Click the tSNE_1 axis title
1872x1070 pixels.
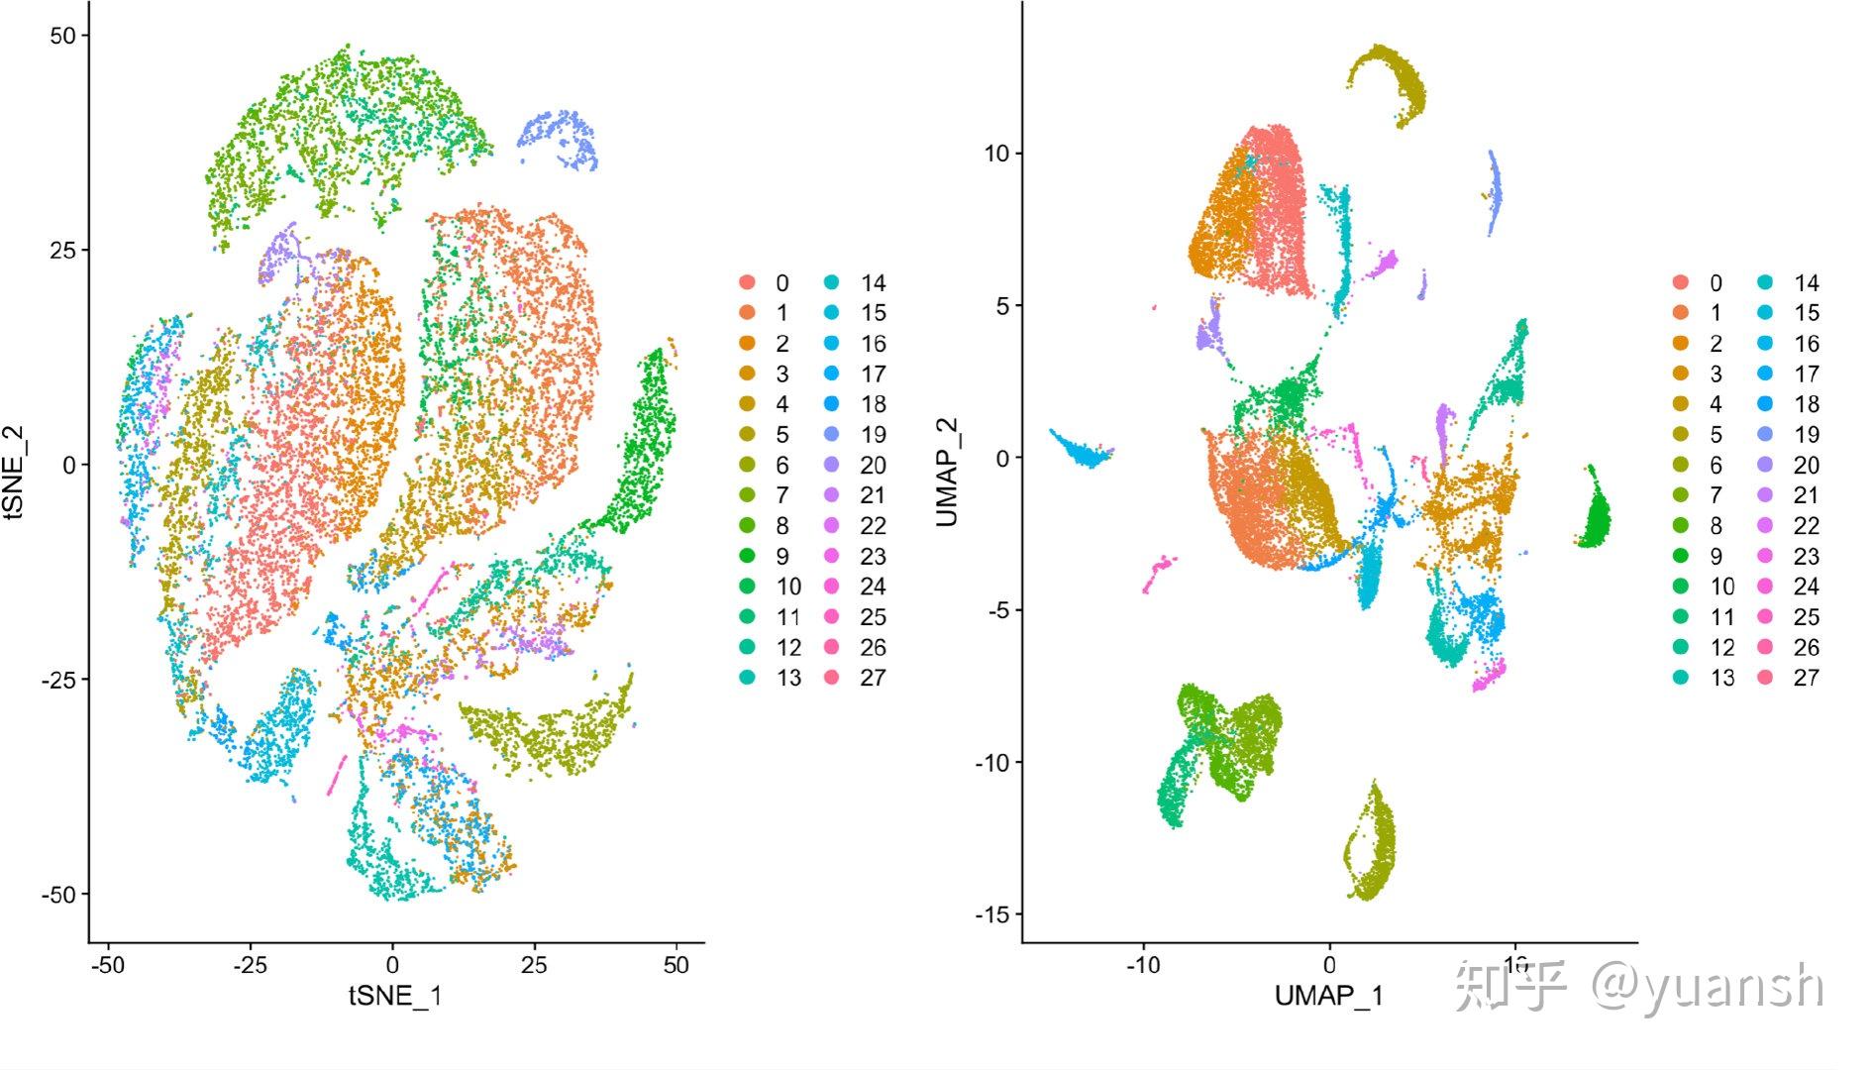(395, 995)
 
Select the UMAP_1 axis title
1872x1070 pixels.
(1328, 995)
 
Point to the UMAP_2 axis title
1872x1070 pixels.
(948, 473)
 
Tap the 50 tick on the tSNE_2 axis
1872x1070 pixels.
(61, 36)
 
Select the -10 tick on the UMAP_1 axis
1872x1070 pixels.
(1143, 965)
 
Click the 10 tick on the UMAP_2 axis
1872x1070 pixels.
(996, 154)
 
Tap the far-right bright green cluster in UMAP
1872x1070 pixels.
(1595, 515)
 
